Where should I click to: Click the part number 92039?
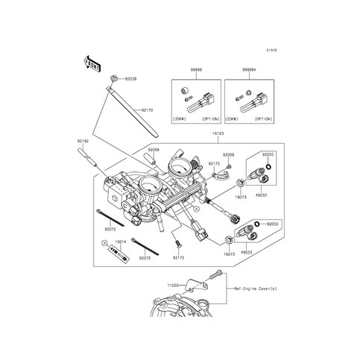(131, 78)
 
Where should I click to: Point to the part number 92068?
(153, 150)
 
